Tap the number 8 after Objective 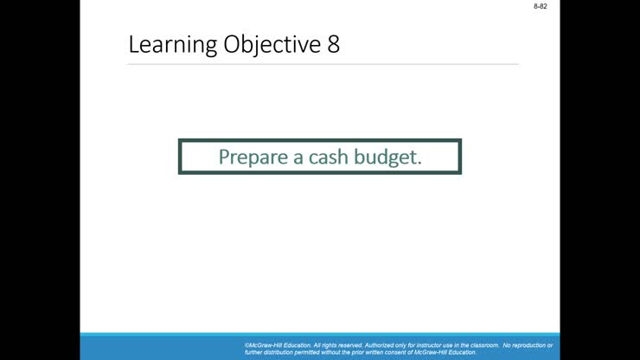coord(334,45)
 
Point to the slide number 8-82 coord(541,6)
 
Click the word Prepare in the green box coord(252,157)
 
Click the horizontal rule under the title coord(323,64)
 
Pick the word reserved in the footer coord(349,345)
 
